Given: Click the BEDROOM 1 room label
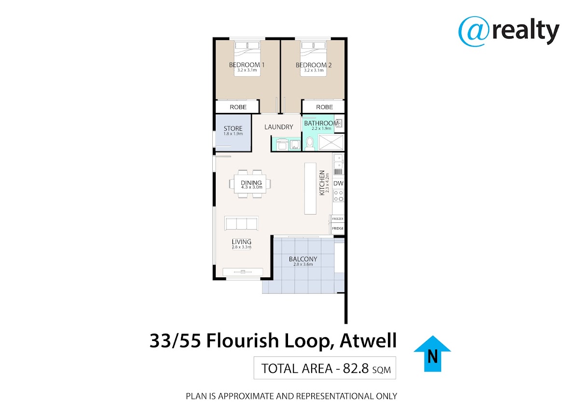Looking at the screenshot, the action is coord(247,65).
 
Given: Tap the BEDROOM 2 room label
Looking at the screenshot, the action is coord(314,65).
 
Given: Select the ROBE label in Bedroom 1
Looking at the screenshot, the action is coord(238,107).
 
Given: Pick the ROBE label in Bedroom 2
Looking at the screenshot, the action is coord(324,107).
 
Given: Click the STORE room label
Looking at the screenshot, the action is coord(233,128).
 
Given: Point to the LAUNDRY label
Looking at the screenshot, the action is coord(279,127).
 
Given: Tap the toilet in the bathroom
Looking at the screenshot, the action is coord(309,144).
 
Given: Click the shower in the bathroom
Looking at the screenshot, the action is coord(331,142).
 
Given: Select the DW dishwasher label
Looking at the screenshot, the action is coord(338,183).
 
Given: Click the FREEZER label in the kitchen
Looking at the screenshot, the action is coord(338,219).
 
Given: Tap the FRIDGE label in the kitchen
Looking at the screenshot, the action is coord(338,229).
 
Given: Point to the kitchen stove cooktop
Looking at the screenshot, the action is coord(338,196).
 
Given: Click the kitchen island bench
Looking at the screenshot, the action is coord(310,189).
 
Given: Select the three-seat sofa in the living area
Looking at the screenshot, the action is coord(241,223).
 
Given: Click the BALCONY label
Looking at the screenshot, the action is coord(303,259).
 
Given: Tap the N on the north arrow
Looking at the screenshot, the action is coord(432,357).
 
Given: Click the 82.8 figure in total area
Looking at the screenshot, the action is coord(356,368).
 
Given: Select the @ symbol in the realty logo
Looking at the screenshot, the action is coord(474,31).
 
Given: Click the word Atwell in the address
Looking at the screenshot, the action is coord(368,341).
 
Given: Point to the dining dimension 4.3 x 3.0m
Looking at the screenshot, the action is coord(252,187).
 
